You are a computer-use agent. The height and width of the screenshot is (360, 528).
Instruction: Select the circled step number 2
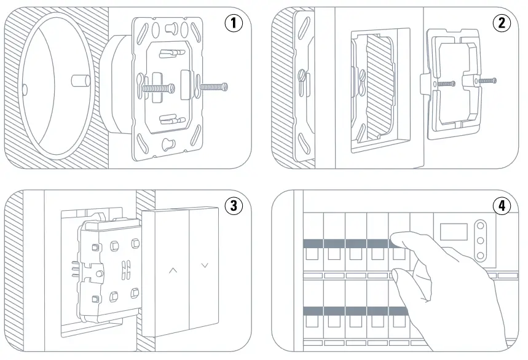[x=502, y=23]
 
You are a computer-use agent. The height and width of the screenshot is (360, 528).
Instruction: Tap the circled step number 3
[x=233, y=206]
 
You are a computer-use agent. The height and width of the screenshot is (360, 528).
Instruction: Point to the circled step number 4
[x=502, y=206]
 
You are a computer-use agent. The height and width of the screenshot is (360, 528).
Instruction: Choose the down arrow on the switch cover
[x=205, y=265]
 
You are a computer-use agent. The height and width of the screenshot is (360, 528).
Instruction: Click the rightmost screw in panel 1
[x=215, y=87]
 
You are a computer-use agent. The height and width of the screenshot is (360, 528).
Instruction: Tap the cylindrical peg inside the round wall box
[x=78, y=81]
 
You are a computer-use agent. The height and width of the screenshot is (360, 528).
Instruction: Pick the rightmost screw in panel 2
[x=486, y=80]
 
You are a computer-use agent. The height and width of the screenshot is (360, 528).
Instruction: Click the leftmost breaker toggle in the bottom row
[x=313, y=321]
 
